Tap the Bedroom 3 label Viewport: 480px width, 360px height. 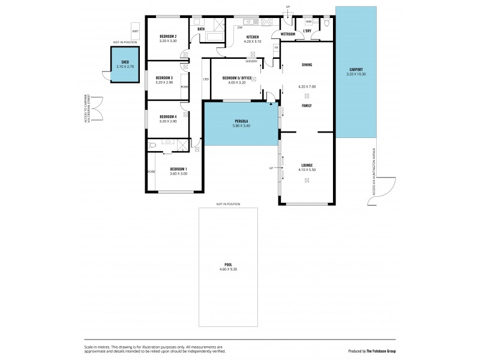coord(164,77)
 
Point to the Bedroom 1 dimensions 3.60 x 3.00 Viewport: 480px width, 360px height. coord(178,173)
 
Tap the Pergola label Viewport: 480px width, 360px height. coord(241,122)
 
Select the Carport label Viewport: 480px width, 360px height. coord(356,70)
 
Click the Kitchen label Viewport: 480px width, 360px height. coord(251,37)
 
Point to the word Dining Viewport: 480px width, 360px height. coord(307,65)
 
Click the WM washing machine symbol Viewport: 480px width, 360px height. coord(308,22)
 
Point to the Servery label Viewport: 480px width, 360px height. coord(252,61)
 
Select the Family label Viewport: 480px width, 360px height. coord(307,105)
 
